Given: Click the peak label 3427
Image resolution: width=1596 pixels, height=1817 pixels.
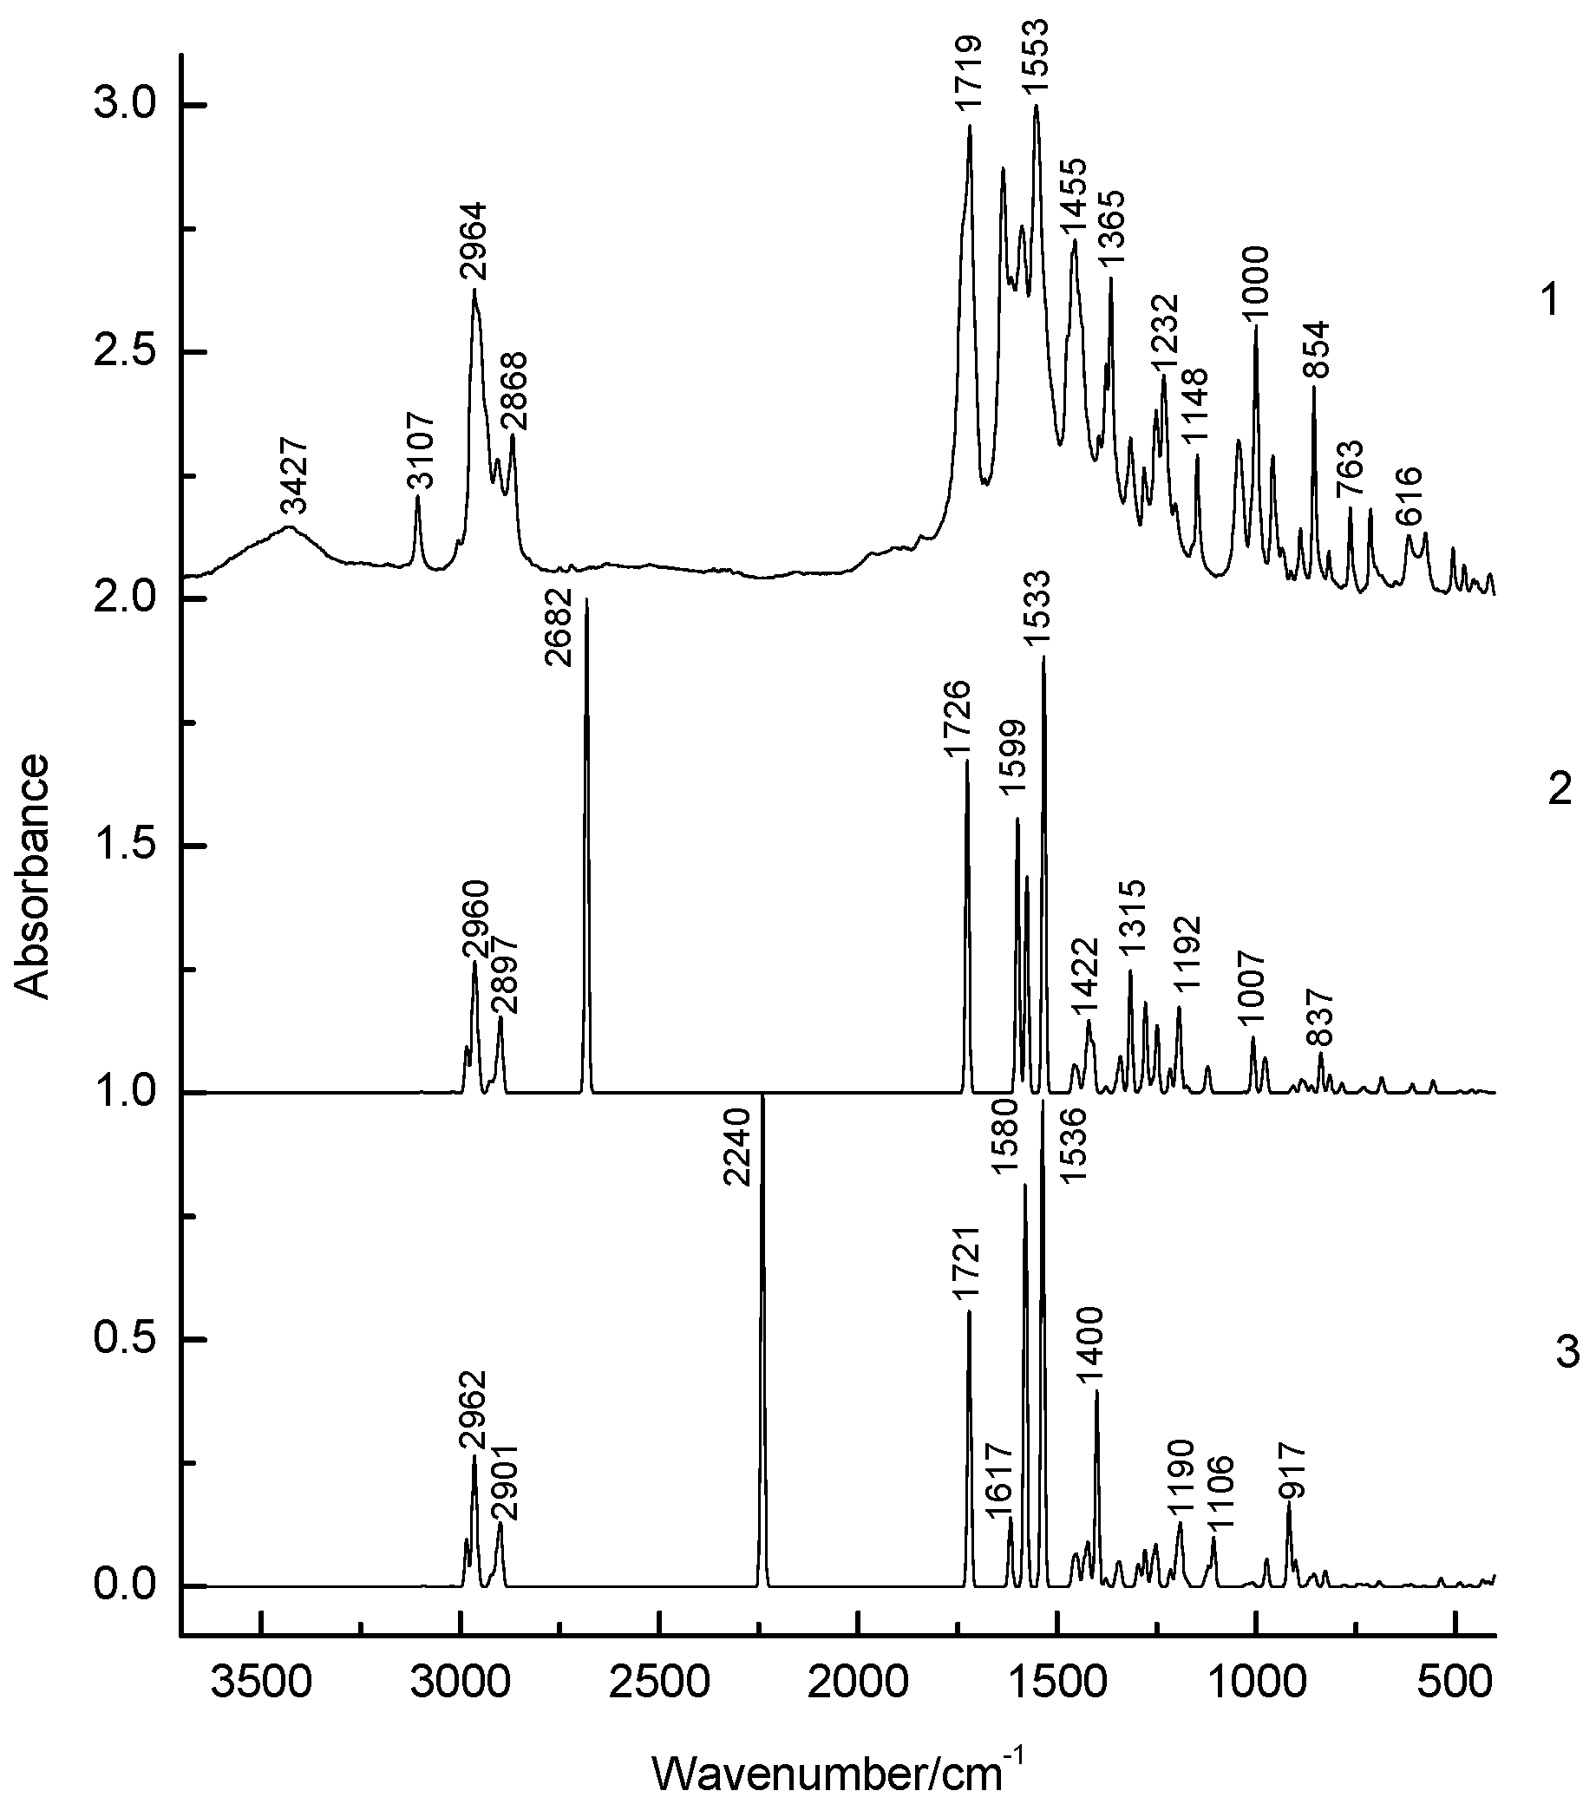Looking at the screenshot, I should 294,476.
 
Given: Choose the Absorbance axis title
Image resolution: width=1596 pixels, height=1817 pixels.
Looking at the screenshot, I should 33,876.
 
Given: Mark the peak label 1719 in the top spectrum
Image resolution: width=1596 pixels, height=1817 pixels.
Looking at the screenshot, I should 968,86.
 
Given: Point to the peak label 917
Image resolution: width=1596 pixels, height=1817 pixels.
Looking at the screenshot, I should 1293,1470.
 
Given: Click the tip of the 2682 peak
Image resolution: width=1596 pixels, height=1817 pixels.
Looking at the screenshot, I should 587,600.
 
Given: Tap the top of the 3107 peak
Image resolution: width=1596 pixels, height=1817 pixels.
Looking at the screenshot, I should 417,497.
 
